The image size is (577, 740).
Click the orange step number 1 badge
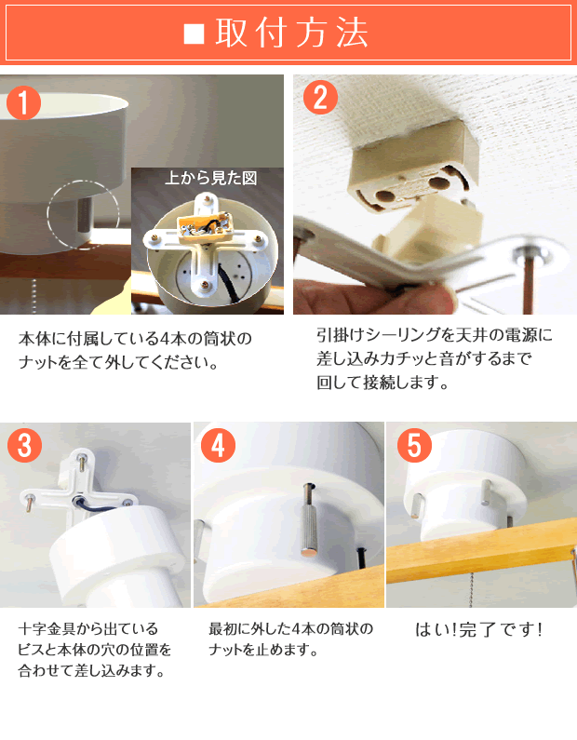(x=23, y=102)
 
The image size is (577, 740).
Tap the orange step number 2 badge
(x=320, y=97)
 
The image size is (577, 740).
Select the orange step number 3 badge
(x=24, y=445)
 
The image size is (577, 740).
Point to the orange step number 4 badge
(x=218, y=445)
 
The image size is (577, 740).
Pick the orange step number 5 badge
(x=414, y=445)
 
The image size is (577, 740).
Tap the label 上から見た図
(x=210, y=178)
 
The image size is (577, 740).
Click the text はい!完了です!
(x=479, y=629)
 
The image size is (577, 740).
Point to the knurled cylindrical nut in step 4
(x=309, y=525)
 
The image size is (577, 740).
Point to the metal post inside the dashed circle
(x=85, y=214)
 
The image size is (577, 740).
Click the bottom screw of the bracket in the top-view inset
(x=207, y=285)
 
